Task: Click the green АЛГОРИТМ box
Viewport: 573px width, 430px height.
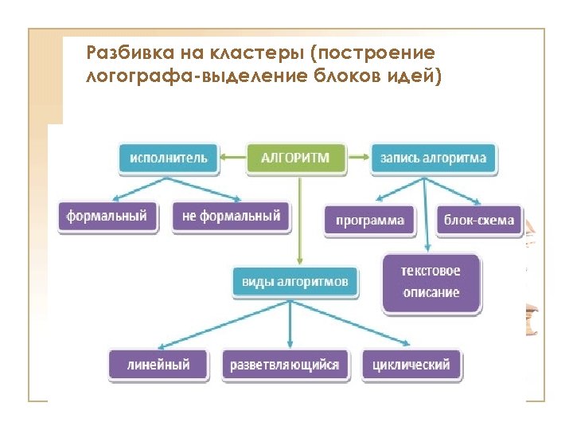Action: click(299, 158)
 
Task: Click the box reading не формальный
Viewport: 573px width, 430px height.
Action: click(231, 217)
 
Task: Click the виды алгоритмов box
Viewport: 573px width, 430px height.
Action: click(295, 282)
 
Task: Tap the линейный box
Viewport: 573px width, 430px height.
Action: click(158, 365)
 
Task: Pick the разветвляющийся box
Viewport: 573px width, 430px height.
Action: click(284, 365)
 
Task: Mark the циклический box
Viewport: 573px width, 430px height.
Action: click(411, 365)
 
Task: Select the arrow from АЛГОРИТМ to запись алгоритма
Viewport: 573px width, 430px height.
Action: click(361, 158)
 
